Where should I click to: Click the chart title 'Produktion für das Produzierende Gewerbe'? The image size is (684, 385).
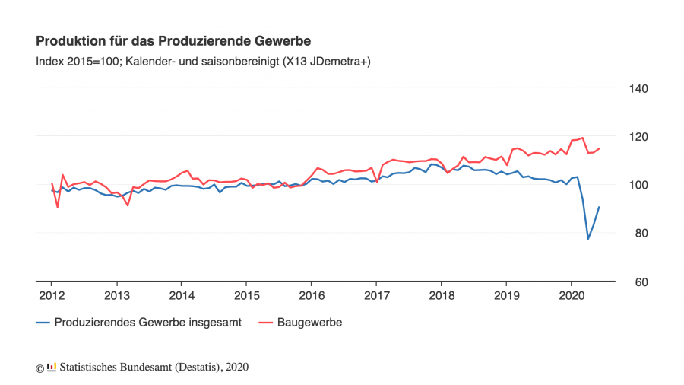pos(173,40)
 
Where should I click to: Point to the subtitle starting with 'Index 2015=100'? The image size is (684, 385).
pos(203,62)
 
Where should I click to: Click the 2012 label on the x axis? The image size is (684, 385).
pos(52,295)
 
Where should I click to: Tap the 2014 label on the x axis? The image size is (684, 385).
pos(182,295)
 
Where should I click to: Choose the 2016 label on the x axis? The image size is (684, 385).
pos(312,295)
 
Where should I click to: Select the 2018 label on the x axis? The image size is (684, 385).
pos(442,295)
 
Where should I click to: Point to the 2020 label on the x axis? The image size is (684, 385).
pos(572,295)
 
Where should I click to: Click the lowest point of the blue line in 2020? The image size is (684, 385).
pos(588,239)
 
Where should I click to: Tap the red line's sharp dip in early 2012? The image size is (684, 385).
pos(58,207)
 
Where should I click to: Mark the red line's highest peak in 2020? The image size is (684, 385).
pos(582,138)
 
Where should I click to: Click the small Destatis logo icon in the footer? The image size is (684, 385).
pos(52,367)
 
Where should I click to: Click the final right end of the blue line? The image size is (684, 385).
pos(599,207)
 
